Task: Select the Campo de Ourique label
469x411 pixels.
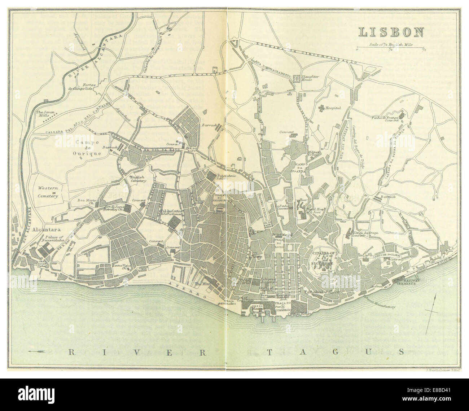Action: tap(88, 148)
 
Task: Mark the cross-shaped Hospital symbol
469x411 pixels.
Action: tap(321, 107)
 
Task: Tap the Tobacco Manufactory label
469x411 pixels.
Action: tap(383, 303)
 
